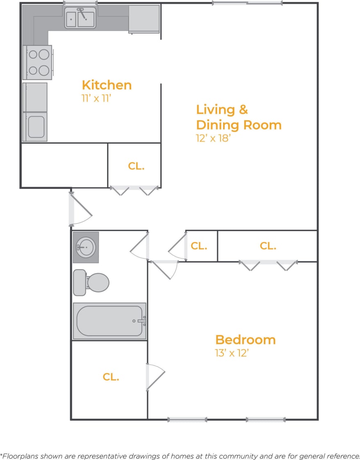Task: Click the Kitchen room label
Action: coord(107,85)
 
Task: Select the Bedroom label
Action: coord(245,340)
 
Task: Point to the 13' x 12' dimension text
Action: coord(232,353)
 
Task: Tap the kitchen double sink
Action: coord(80,18)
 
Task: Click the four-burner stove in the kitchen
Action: coord(38,62)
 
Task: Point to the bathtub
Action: coord(109,321)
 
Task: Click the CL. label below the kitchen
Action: coord(136,166)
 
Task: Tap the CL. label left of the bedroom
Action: coord(111,377)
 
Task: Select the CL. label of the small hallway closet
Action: coord(199,246)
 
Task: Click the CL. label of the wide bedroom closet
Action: coord(268,246)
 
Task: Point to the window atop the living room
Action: coord(247,3)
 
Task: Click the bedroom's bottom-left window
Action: coord(187,419)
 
